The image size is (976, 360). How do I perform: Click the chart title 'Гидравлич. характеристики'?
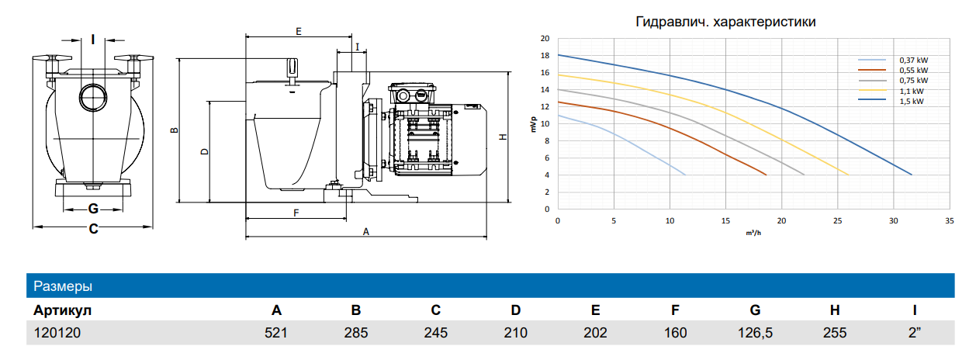tap(725, 22)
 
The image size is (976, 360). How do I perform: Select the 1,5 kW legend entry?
tap(893, 101)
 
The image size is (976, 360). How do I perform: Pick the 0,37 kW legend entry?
tap(893, 61)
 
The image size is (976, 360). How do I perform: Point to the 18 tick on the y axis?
tap(545, 55)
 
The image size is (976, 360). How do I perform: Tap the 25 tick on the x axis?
tap(837, 221)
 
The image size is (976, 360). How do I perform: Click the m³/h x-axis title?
tap(753, 234)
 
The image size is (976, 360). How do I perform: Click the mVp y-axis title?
tap(534, 124)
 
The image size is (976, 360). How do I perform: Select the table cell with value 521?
tap(275, 333)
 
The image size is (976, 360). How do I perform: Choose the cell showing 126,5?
tap(755, 333)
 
